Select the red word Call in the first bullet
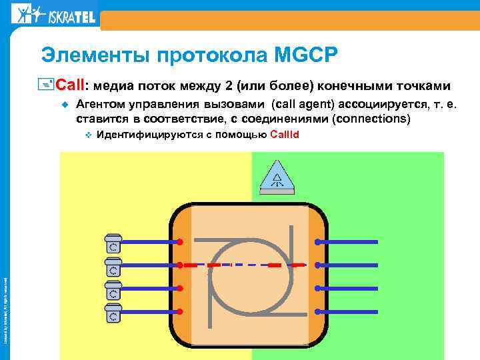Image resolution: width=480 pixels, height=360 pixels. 69,86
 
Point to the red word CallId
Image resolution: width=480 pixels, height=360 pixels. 285,135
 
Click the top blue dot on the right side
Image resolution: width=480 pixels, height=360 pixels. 318,241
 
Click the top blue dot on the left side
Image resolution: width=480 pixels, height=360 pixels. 180,241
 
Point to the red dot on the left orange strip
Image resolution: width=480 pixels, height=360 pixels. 180,265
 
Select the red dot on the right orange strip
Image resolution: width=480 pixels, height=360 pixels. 318,265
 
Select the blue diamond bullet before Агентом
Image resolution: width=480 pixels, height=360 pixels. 65,105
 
